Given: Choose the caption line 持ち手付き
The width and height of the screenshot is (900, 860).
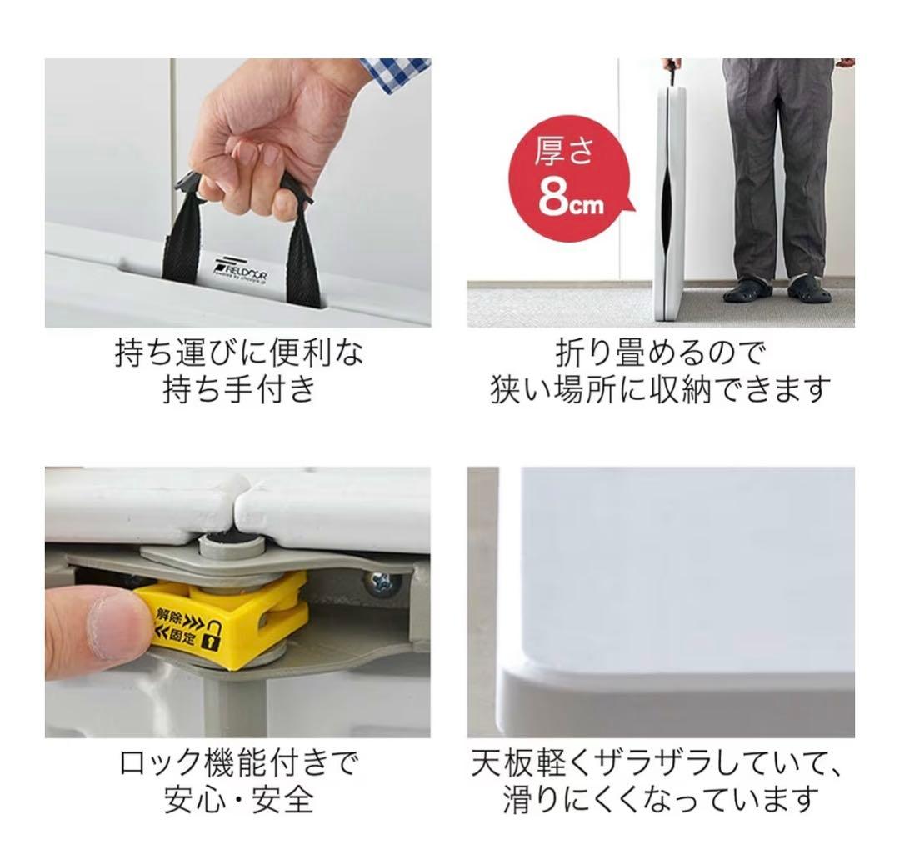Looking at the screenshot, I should [238, 388].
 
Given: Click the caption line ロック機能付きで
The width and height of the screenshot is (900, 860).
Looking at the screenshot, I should [238, 762].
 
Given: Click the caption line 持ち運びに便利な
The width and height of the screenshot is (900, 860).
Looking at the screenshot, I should [238, 352].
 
